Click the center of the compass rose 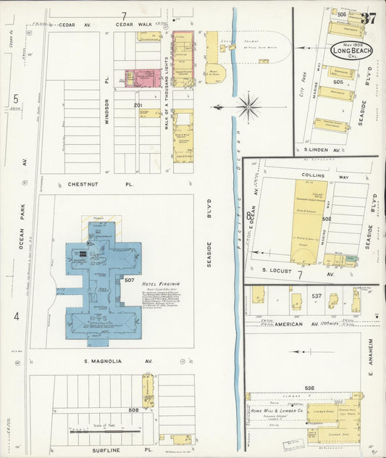point(248,107)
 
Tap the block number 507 point(130,280)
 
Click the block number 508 point(133,411)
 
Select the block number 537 point(316,296)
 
